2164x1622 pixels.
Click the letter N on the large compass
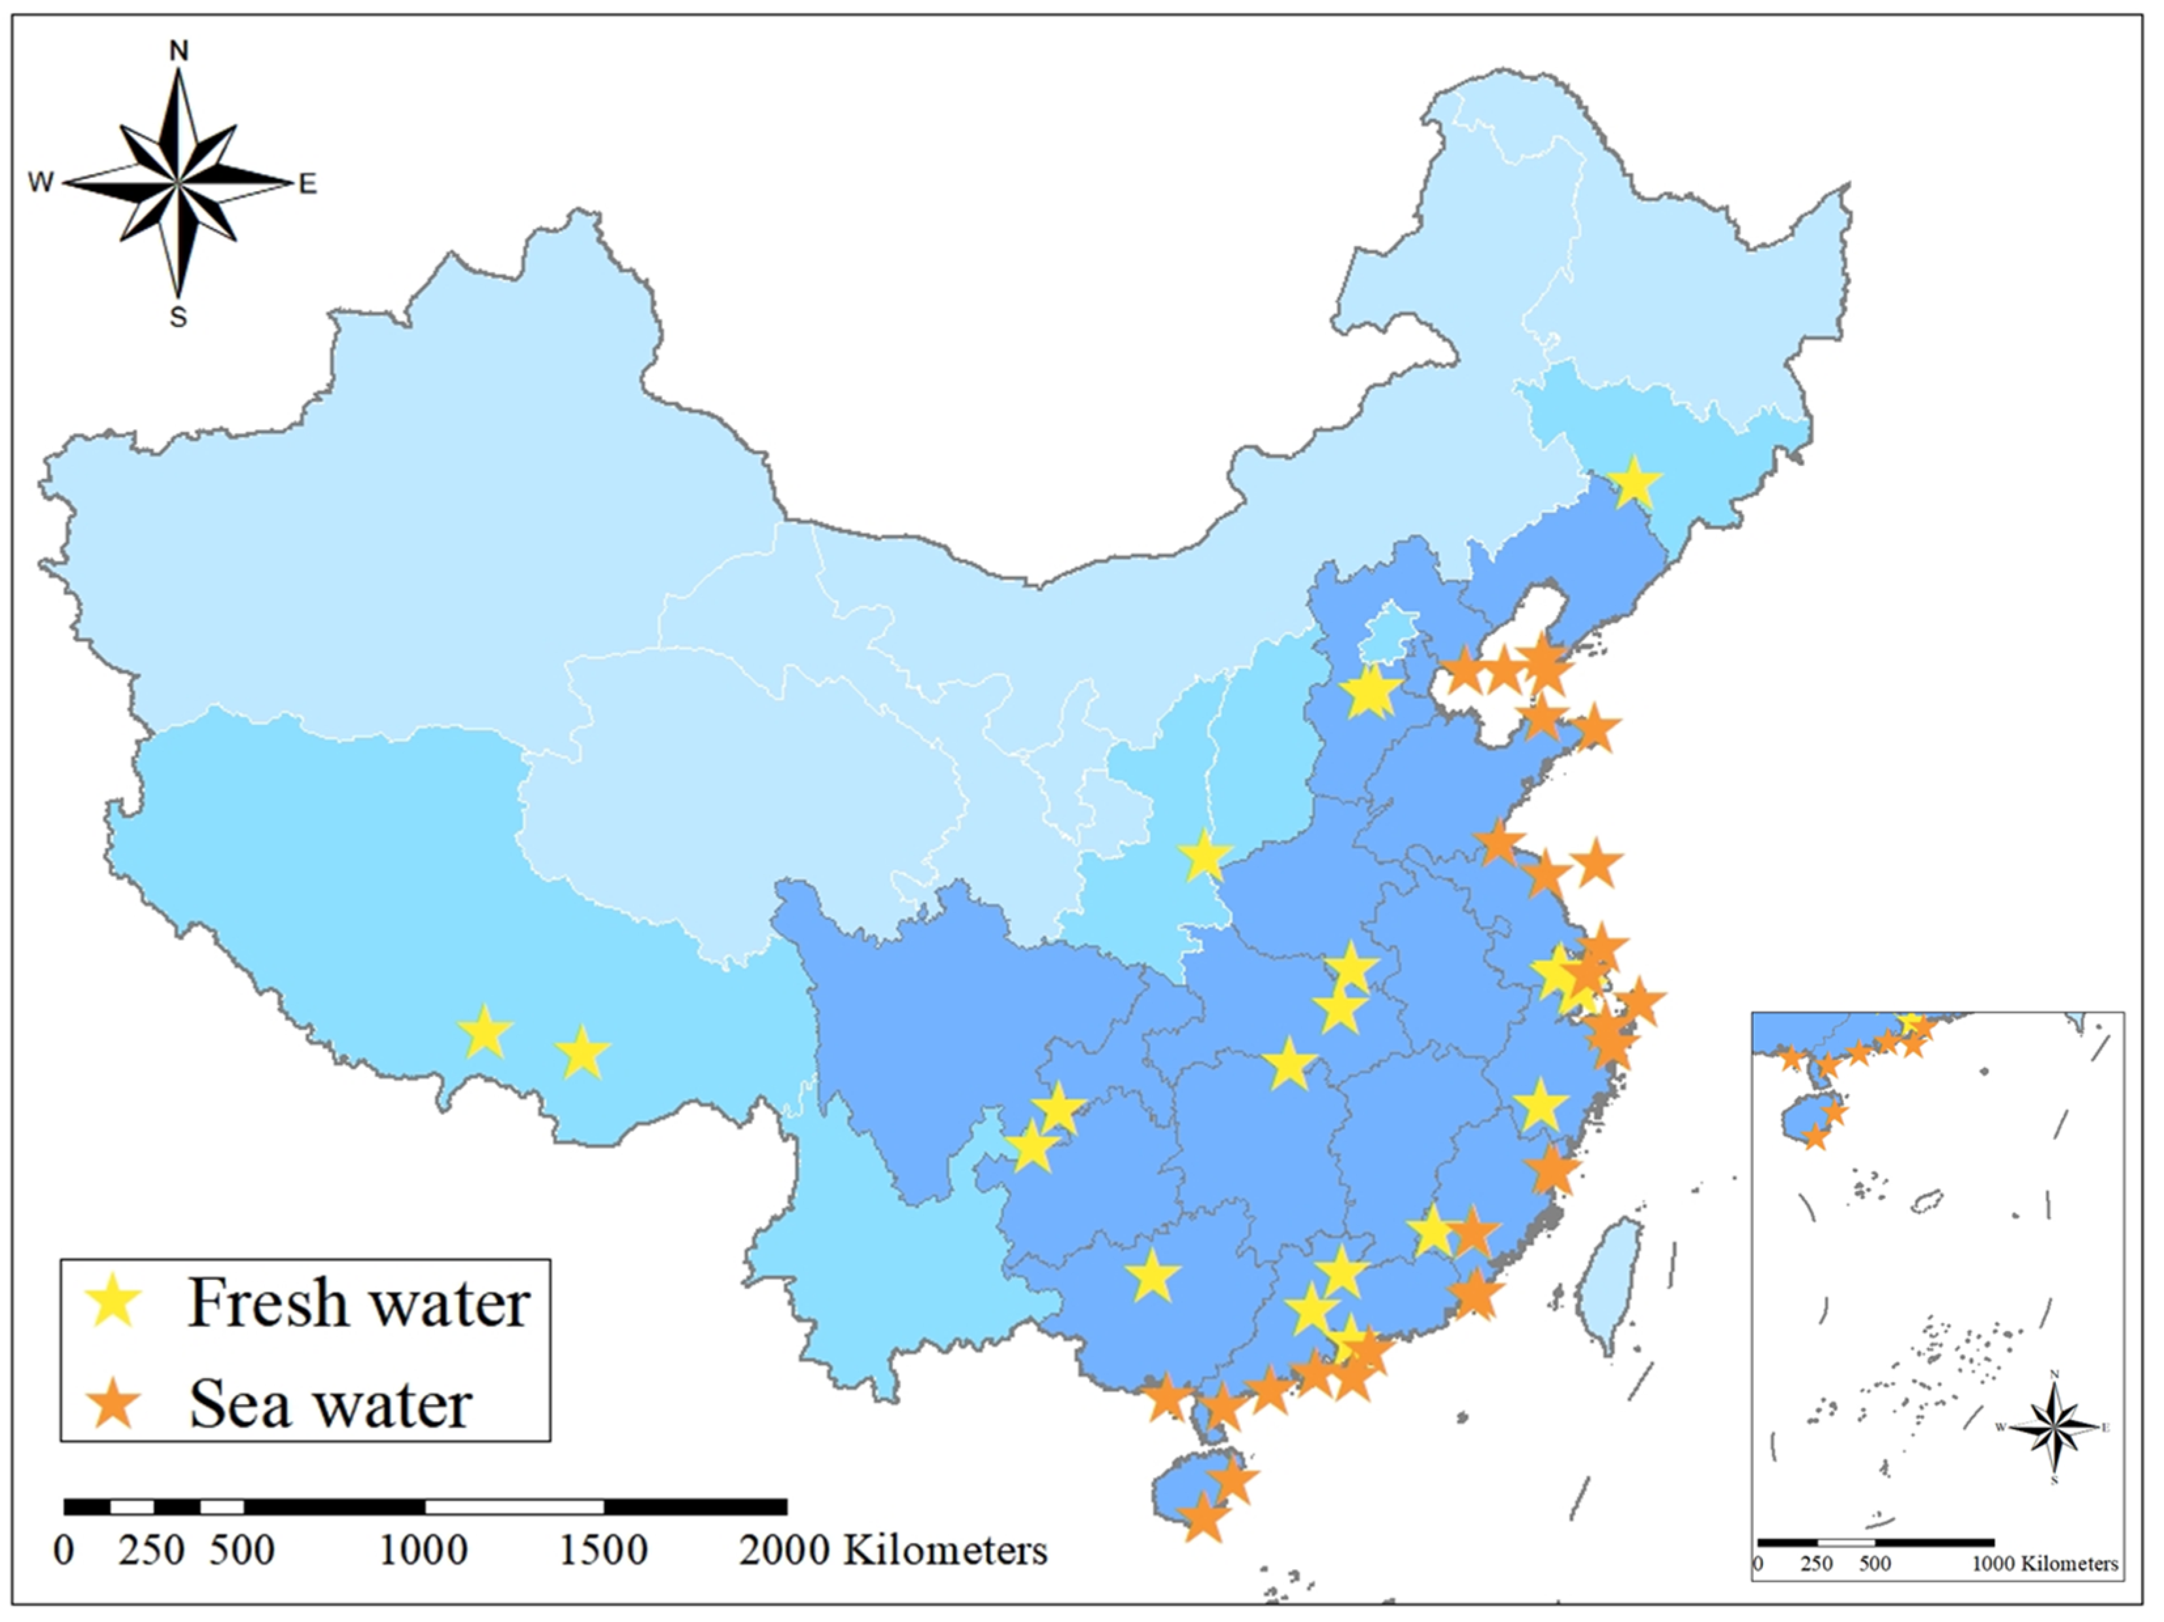[179, 52]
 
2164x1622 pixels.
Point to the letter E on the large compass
[307, 184]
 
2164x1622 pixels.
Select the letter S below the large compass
[178, 318]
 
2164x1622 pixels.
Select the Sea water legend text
[330, 1405]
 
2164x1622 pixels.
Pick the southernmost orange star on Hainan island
[1203, 1519]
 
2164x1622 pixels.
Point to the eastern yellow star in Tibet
[583, 1053]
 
